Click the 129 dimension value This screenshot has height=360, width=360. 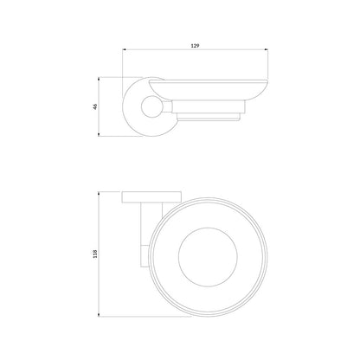point(196,46)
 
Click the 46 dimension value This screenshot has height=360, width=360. point(95,106)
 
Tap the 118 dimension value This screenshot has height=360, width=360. point(95,254)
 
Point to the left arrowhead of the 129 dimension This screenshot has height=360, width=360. point(125,50)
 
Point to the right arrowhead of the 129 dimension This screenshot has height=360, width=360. point(267,50)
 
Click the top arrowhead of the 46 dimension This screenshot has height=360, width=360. point(99,79)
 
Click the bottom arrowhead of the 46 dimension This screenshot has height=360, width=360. point(99,134)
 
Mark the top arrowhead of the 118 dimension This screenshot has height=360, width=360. point(99,194)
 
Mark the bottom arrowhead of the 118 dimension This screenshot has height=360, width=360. point(99,315)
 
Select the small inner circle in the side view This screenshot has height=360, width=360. point(151,106)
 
